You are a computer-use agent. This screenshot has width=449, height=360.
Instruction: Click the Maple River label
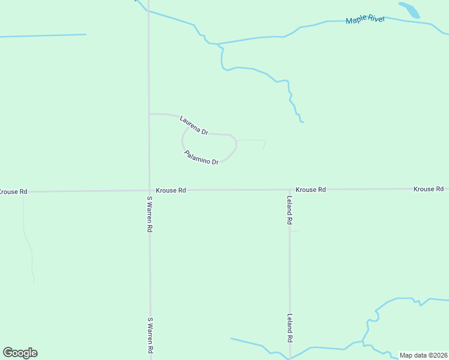click(365, 20)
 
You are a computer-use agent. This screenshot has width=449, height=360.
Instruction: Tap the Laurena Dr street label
click(193, 125)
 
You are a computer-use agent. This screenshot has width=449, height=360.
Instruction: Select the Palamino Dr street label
click(201, 158)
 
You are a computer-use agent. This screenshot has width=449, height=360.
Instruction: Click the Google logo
click(20, 353)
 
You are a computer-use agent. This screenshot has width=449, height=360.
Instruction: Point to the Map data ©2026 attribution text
click(424, 355)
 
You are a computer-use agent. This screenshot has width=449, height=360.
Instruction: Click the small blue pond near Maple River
click(409, 10)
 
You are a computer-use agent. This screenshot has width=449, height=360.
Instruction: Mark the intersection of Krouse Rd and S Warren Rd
click(149, 190)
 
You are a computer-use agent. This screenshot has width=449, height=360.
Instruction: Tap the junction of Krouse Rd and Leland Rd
click(289, 190)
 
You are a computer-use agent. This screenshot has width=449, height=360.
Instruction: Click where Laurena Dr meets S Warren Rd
click(149, 113)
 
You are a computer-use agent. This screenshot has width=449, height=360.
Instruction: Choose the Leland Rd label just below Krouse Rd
click(289, 211)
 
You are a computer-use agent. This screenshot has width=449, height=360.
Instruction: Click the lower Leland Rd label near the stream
click(289, 328)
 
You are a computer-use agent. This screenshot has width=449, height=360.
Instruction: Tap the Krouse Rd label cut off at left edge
click(13, 191)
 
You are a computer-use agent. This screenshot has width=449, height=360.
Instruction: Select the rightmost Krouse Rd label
click(428, 189)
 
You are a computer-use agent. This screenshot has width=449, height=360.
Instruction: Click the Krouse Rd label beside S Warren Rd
click(170, 190)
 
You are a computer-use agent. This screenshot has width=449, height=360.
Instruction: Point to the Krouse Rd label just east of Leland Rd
click(310, 190)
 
